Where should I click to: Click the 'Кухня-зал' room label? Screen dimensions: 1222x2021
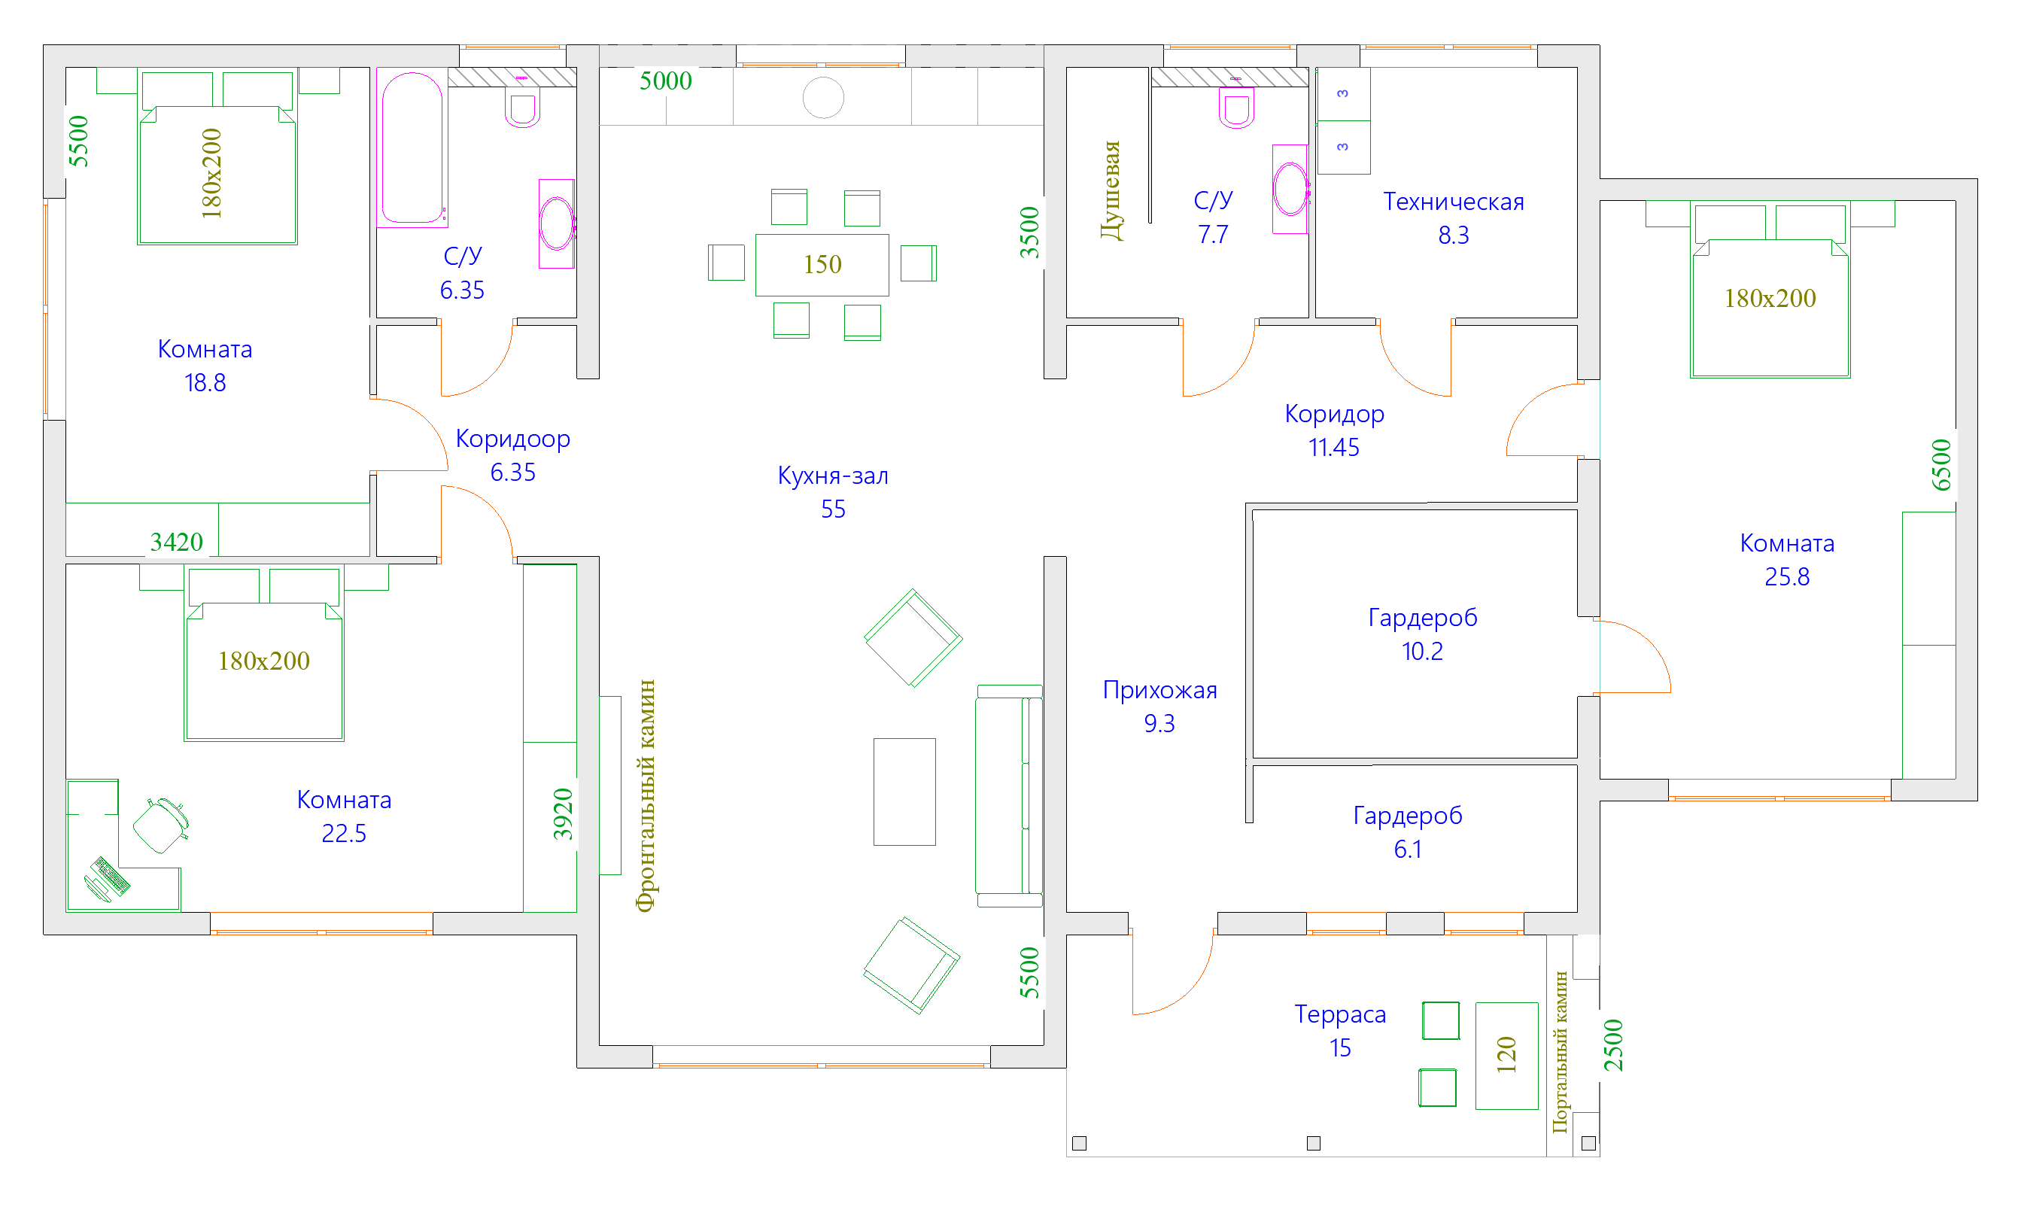tap(832, 476)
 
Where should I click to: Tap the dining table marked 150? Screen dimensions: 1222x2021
tap(822, 264)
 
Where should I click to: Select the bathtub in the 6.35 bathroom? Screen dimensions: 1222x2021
tap(412, 147)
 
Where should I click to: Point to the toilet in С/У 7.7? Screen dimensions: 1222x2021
tap(1236, 108)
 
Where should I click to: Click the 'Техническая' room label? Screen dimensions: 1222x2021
tap(1454, 202)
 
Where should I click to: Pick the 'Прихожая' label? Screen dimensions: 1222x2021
tap(1159, 690)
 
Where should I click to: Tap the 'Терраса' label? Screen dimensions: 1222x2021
tap(1340, 1014)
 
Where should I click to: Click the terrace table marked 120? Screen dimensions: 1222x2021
tap(1506, 1056)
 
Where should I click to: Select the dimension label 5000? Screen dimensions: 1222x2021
tap(665, 81)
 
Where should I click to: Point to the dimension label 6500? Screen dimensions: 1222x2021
tap(1941, 465)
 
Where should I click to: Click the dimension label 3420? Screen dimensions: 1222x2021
tap(176, 542)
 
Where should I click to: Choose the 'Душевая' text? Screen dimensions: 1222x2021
tap(1111, 191)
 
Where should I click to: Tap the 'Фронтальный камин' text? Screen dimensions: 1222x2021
tap(646, 795)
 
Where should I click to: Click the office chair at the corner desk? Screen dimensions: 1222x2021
tap(161, 825)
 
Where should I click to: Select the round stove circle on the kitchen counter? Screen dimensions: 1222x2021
tap(822, 98)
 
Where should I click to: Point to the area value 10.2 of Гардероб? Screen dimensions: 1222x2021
tap(1421, 651)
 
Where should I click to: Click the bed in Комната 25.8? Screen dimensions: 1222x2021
tap(1770, 308)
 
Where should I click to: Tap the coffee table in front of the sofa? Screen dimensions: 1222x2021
tap(904, 792)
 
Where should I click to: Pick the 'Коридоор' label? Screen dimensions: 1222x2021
tap(512, 439)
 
